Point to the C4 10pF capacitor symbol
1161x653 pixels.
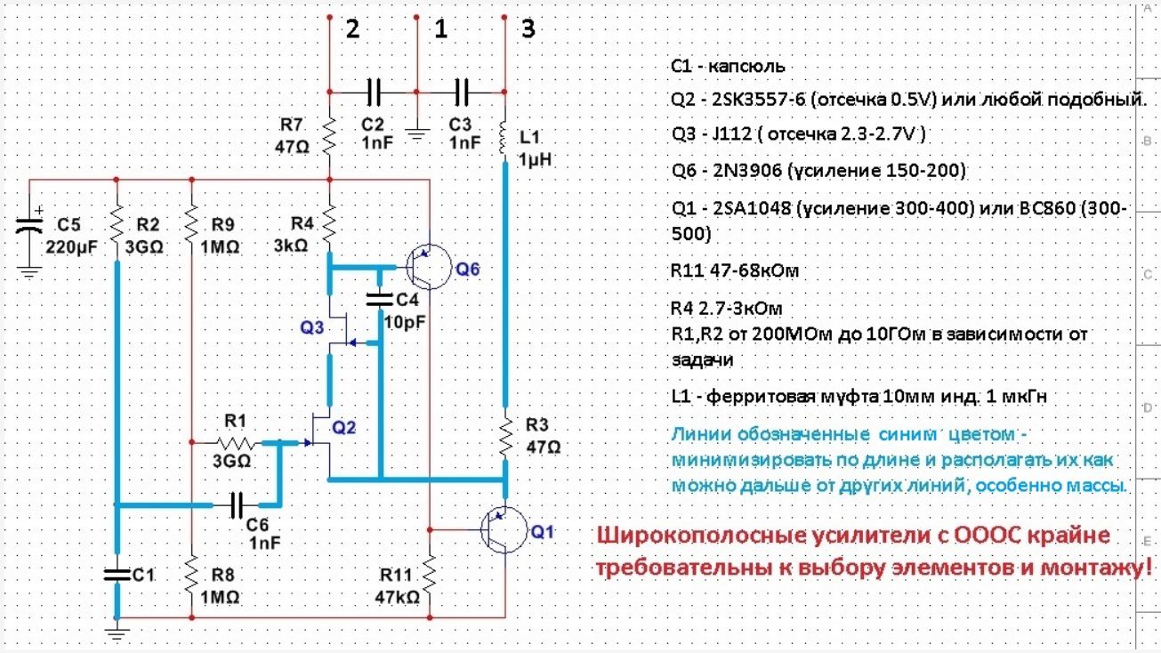[x=380, y=297]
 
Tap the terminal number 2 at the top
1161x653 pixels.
[x=352, y=29]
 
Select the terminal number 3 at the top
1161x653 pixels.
[x=528, y=29]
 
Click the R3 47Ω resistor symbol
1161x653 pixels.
[x=504, y=435]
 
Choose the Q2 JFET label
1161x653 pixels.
[x=343, y=429]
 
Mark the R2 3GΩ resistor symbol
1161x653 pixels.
[x=117, y=226]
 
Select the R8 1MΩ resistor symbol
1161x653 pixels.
[x=192, y=577]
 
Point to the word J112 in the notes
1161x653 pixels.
[x=721, y=134]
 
